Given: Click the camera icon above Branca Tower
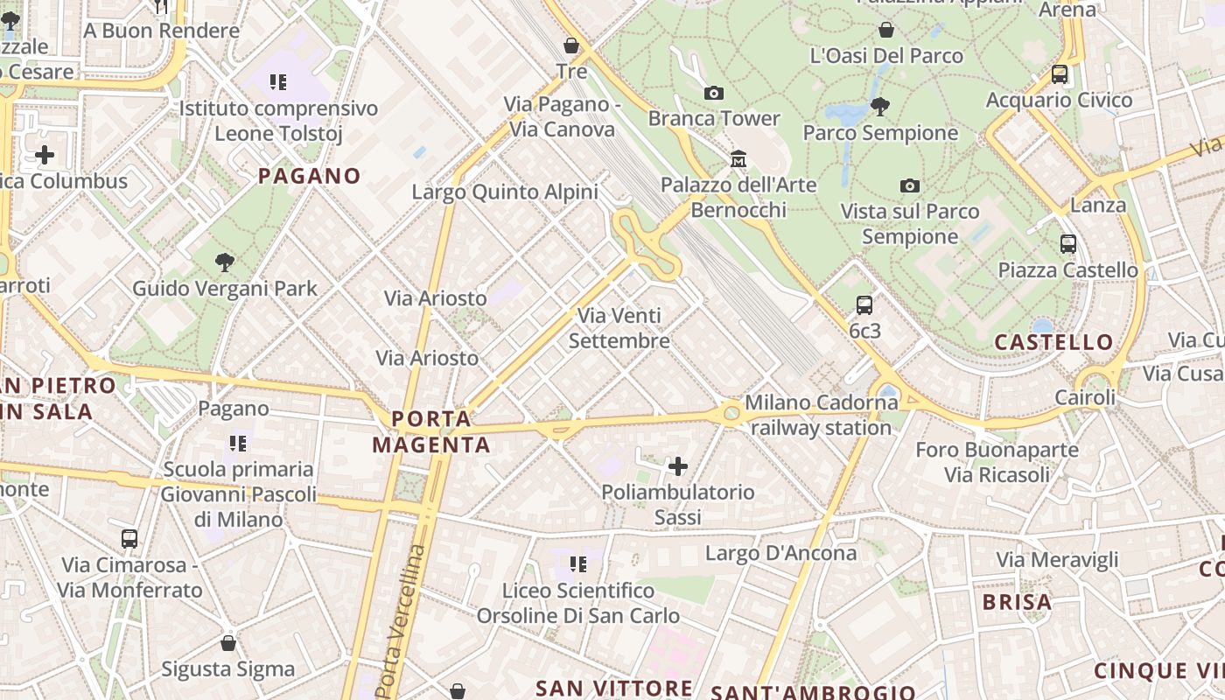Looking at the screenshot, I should (714, 93).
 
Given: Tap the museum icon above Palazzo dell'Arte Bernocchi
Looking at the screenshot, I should (738, 159).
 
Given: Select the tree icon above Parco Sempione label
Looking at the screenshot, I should (880, 107).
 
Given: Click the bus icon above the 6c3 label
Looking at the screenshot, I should (864, 304).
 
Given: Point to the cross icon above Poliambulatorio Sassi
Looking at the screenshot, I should (678, 466).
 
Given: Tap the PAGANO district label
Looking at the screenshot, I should (309, 176).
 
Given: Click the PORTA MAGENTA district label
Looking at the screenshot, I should (431, 431).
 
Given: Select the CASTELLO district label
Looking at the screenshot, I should (1053, 342).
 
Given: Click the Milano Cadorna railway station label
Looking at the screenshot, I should (821, 415).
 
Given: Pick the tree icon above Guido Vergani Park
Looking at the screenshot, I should (225, 261).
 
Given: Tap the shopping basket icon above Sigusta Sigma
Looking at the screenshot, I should (228, 643).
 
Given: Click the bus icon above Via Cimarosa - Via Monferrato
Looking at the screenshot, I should (129, 538).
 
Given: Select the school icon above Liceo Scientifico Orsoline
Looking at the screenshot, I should (577, 564).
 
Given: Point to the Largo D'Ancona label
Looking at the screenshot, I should (780, 553).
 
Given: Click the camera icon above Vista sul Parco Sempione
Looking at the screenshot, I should (910, 185).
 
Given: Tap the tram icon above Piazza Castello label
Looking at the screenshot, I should (1067, 243).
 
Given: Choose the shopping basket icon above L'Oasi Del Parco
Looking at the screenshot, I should (886, 30).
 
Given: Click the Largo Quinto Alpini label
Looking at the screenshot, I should (505, 192).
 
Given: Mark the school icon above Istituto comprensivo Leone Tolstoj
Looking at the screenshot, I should (278, 83).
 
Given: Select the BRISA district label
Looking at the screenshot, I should (1017, 602).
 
